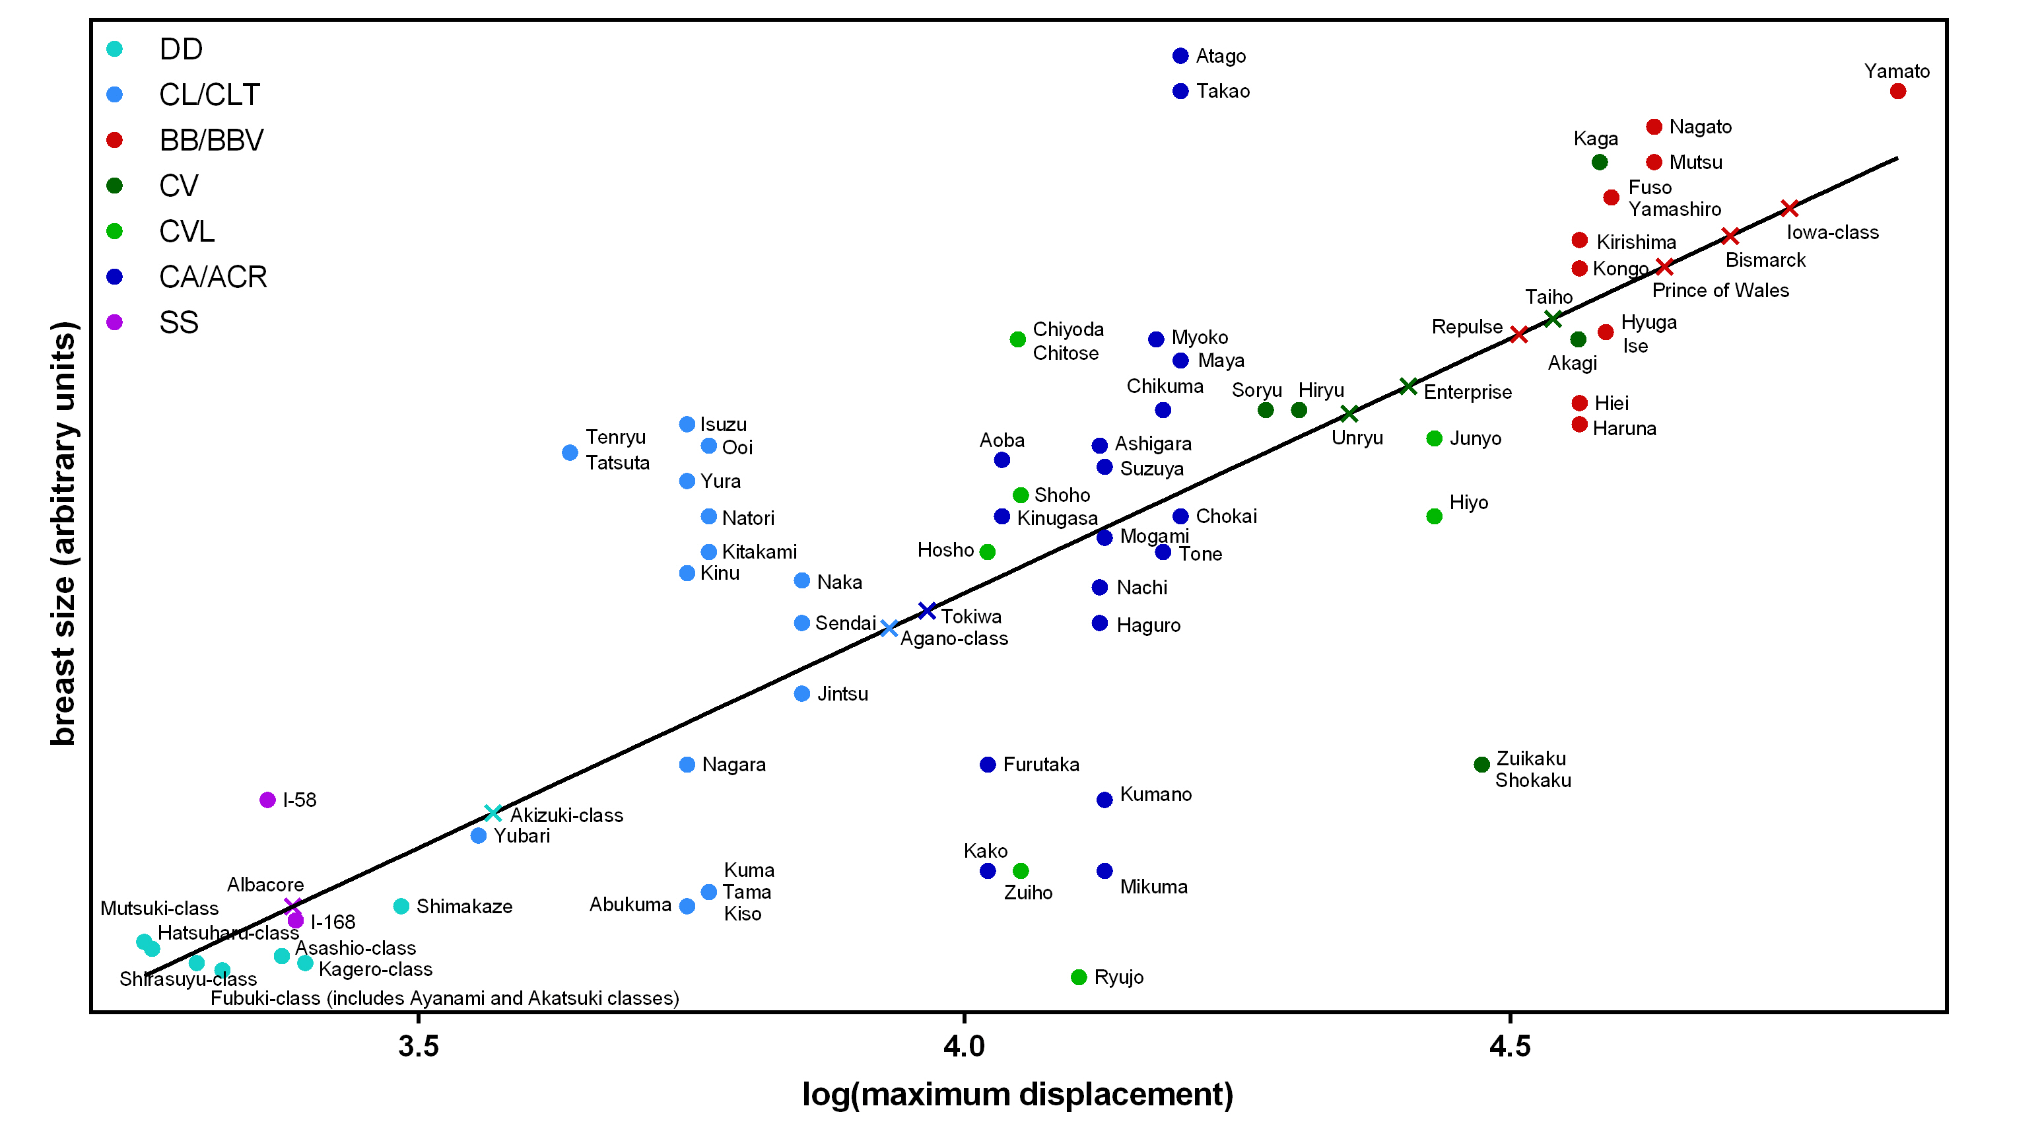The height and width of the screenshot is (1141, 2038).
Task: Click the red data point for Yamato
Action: coord(1897,91)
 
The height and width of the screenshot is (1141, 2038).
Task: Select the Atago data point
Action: coord(1180,55)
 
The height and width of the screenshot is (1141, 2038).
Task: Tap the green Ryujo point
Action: coord(1078,977)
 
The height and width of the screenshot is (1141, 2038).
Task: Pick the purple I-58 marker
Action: coord(267,800)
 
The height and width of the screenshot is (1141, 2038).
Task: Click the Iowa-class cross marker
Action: coord(1789,208)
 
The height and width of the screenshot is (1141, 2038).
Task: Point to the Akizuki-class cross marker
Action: coord(492,813)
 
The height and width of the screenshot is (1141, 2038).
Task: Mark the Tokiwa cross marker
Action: coord(927,611)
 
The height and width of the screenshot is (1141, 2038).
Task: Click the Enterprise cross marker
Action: coord(1408,386)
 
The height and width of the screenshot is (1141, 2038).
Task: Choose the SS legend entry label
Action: coord(179,323)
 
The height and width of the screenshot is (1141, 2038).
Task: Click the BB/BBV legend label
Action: coord(211,140)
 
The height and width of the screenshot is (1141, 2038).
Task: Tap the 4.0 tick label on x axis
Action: coord(965,1047)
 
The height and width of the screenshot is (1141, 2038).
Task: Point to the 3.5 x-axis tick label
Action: coord(419,1047)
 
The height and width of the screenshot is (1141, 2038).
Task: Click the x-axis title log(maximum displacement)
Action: coord(1017,1094)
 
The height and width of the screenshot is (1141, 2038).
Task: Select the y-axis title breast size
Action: coord(63,534)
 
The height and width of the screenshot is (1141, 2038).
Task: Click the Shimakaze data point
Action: coord(401,906)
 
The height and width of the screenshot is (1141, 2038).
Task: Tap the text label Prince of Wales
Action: coord(1720,291)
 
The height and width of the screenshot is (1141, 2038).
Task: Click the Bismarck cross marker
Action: coord(1730,236)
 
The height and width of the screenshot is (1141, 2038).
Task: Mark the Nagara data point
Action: coord(687,765)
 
